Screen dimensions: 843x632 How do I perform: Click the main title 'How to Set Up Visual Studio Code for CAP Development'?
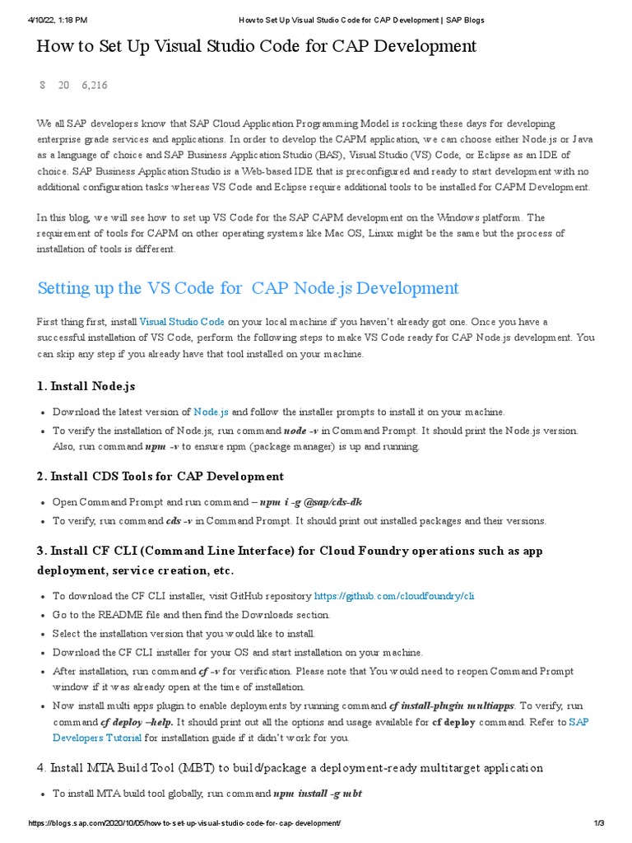pos(256,46)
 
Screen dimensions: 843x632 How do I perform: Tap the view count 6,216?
pos(94,86)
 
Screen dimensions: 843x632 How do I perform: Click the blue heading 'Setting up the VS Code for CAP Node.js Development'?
pos(249,288)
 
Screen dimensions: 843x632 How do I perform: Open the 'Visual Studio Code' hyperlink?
pos(182,322)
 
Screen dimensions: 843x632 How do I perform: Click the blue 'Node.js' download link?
pos(211,412)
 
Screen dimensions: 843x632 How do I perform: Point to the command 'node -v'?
pos(301,431)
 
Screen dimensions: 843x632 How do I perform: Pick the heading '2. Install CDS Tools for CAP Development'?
pos(160,477)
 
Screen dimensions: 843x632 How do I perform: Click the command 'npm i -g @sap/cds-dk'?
pos(311,502)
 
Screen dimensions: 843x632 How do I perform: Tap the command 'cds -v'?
pos(179,521)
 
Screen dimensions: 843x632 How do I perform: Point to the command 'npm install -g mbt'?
pos(318,794)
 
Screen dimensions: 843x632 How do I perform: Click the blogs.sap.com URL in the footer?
pos(184,824)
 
